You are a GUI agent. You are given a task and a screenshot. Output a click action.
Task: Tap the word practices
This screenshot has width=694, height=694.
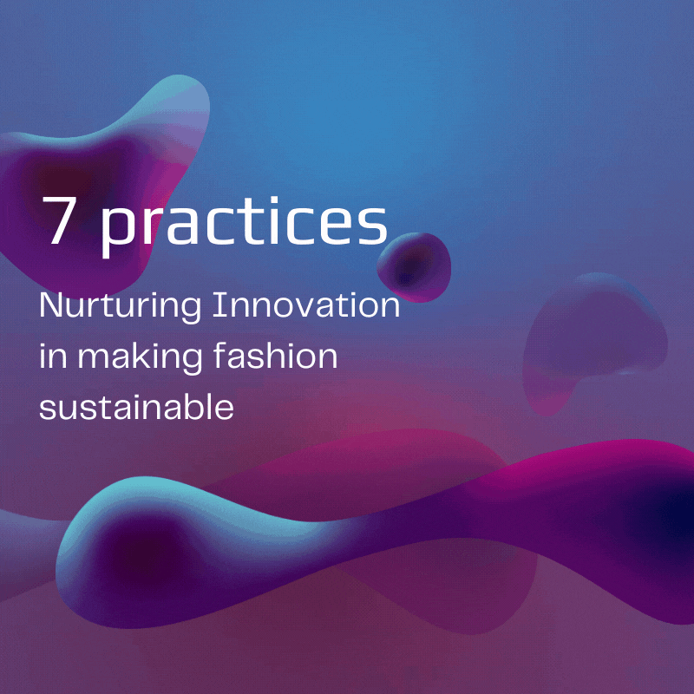pos(245,226)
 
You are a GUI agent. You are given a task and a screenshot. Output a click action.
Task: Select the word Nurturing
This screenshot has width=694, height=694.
pos(121,308)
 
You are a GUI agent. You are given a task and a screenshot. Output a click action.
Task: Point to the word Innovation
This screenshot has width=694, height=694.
pos(306,305)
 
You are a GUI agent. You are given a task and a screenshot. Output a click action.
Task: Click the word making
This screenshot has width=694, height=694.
pos(140,358)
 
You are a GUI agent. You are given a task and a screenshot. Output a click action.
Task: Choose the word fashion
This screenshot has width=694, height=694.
pos(276,356)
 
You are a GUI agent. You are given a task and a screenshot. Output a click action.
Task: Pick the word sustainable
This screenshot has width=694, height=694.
pos(136,406)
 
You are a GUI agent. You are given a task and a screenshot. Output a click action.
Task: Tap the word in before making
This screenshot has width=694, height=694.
pos(53,357)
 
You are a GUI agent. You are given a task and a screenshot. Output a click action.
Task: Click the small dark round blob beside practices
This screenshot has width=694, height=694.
pos(414,267)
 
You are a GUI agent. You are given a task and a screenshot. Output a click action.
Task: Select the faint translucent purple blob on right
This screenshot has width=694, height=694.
pos(593,337)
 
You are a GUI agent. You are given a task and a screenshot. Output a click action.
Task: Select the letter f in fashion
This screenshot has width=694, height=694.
pos(221,356)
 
